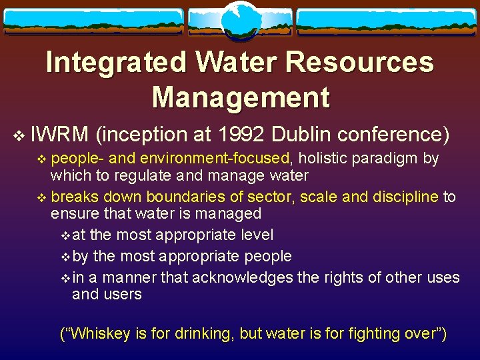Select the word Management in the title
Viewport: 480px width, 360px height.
coord(241,97)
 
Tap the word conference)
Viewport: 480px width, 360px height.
coord(393,135)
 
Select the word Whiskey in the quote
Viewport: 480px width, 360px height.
coord(101,334)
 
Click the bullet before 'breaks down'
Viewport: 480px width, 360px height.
coord(43,198)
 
